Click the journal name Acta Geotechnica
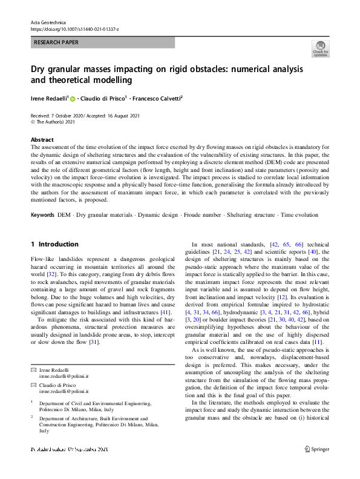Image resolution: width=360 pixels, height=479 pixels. [47, 22]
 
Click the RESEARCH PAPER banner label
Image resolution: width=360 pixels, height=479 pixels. [57, 43]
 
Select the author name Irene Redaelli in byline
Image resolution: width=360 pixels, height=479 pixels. [50, 98]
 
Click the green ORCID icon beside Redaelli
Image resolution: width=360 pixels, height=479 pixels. [73, 98]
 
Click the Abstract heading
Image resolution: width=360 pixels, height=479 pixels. [42, 139]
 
